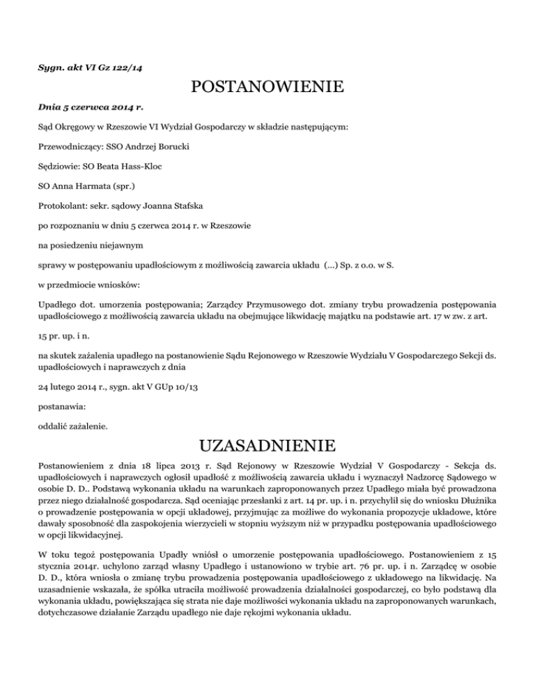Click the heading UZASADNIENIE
(267, 445)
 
